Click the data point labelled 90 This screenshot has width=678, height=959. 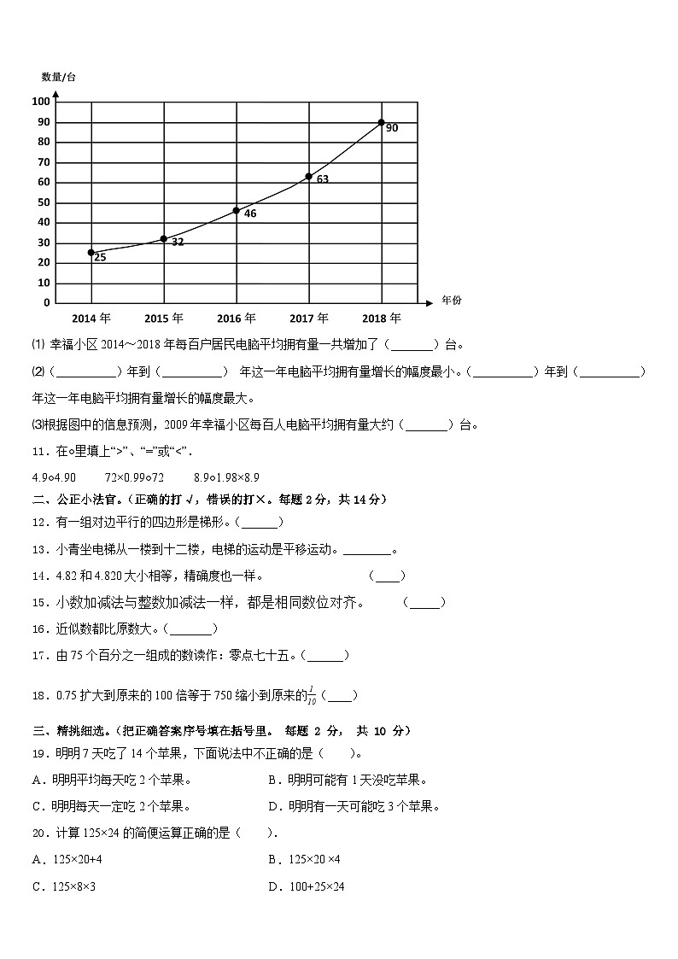pos(382,122)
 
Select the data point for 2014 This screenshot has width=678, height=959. pos(91,252)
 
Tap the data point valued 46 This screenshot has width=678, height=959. pos(237,210)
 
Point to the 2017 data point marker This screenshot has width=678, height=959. pos(309,177)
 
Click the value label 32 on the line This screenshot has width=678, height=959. pos(178,243)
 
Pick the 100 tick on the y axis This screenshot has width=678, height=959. pos(41,102)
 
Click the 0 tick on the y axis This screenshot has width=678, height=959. pos(47,302)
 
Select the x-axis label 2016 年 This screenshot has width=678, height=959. pos(237,319)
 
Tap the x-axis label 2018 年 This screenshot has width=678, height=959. pos(382,319)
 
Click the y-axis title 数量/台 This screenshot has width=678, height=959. pos(58,77)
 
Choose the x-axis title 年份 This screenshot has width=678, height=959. pos(452,301)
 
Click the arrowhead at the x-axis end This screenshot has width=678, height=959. pos(426,302)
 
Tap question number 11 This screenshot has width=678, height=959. pos(39,451)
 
